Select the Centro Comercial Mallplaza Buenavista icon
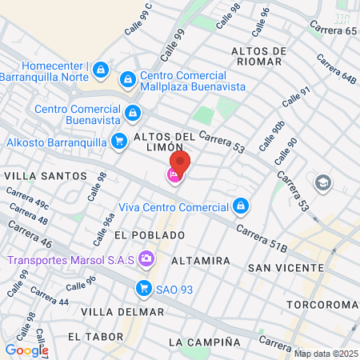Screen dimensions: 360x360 [x=127, y=80]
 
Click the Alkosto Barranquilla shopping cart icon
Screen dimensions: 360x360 [x=118, y=142]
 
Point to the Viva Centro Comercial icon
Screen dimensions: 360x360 [x=239, y=206]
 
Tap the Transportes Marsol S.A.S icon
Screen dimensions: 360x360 [x=146, y=258]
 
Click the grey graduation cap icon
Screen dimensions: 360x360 [x=323, y=182]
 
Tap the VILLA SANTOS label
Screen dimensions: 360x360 [x=45, y=175]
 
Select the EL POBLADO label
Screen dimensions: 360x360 [x=150, y=235]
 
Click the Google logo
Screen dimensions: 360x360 [x=26, y=350]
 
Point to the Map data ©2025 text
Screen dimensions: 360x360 [x=326, y=354]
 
